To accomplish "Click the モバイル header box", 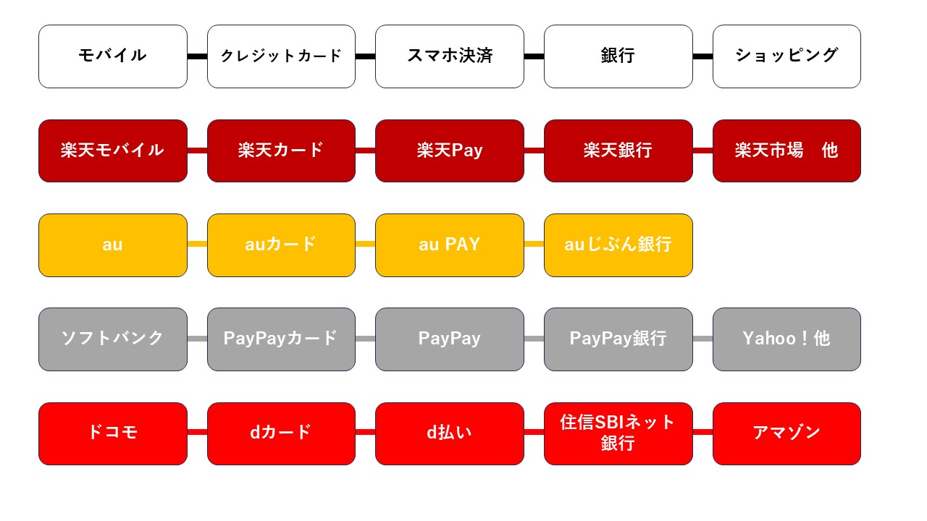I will [x=112, y=56].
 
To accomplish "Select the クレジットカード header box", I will [x=281, y=56].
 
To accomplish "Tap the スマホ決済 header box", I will [x=449, y=56].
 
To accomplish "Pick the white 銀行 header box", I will [x=618, y=56].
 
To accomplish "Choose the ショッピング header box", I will [x=787, y=56].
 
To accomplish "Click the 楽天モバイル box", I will [x=112, y=151].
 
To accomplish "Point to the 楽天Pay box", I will [x=449, y=151].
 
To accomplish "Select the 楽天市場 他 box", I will [x=787, y=151].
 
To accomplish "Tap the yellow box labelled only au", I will [x=112, y=245].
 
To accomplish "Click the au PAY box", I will [x=449, y=245].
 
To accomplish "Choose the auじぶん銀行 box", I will [x=618, y=245].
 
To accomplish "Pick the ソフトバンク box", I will [x=112, y=339].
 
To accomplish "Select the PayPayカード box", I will [x=281, y=339].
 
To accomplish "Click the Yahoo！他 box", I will [x=787, y=339].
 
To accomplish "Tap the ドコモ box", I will [x=112, y=433].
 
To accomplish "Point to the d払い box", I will [x=449, y=433].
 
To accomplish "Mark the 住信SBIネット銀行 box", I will [x=618, y=433].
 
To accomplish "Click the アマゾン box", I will [x=787, y=433].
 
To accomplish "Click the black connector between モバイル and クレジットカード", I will [x=197, y=56].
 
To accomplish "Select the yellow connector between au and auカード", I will [x=197, y=245].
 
